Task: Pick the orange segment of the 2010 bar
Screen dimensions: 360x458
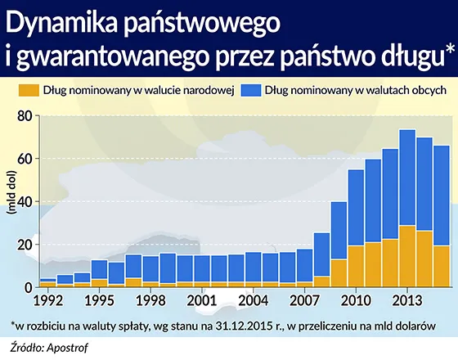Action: coord(356,267)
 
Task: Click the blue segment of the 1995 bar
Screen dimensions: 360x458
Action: coord(99,269)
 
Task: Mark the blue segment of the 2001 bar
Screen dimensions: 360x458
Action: coord(201,268)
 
